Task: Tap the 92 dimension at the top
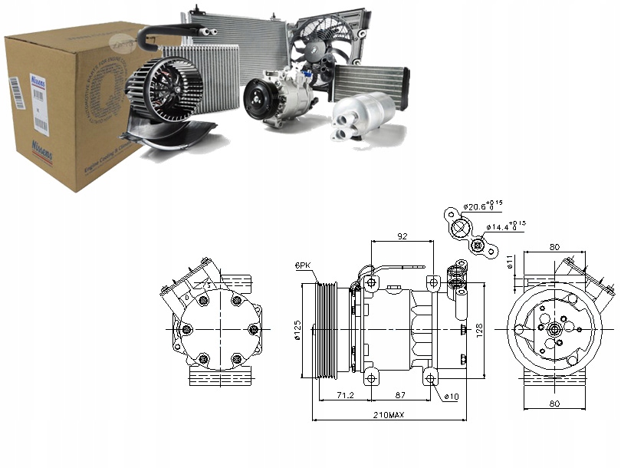coord(401,236)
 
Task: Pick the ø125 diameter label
coord(297,329)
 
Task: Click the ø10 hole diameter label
coord(451,397)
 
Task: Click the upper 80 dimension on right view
coord(554,247)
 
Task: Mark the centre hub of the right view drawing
coord(552,329)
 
